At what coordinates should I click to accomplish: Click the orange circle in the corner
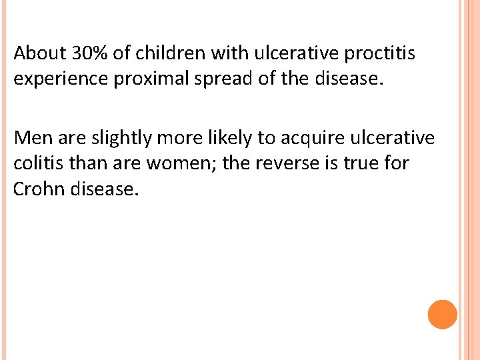click(443, 314)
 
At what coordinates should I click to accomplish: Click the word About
click(37, 53)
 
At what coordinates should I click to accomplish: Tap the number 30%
click(85, 53)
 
